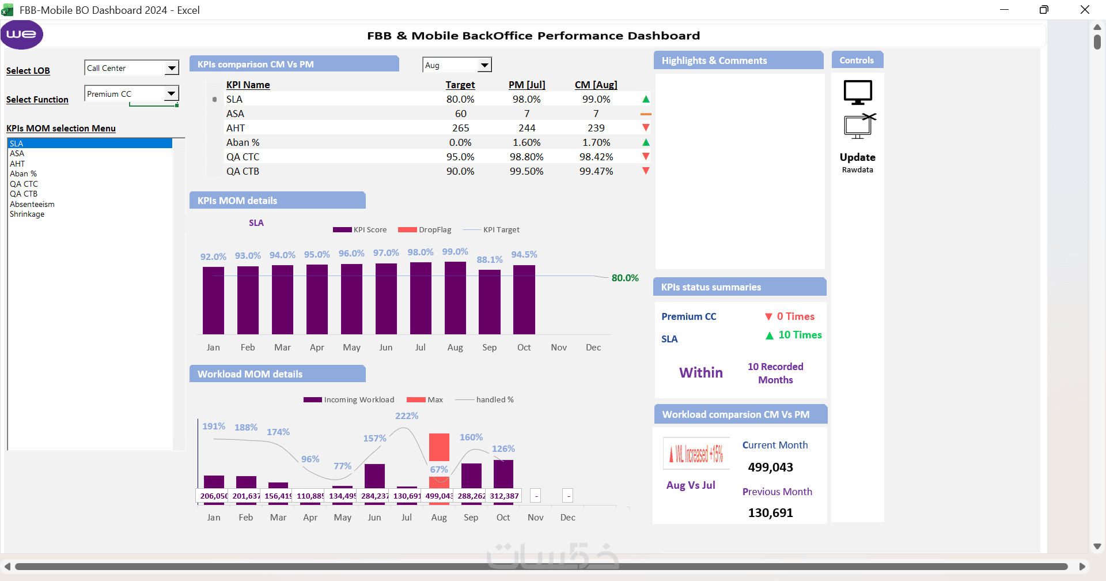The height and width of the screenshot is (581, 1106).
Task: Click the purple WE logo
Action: coord(22,35)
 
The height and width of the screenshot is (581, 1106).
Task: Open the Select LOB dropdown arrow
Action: coord(172,68)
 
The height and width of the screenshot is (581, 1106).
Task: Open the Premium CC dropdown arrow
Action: coord(171,93)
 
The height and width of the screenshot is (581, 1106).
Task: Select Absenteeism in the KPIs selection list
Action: coord(32,204)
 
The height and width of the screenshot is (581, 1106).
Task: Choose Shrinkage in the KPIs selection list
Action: coord(27,214)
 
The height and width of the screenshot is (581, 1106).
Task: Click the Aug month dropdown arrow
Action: coord(485,65)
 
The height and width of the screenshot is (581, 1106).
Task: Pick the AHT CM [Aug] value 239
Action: coord(596,128)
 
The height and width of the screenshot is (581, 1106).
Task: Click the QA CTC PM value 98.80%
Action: coord(527,157)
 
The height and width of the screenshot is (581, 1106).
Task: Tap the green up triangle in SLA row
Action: coord(646,99)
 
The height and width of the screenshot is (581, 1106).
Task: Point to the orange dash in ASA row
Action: coord(646,114)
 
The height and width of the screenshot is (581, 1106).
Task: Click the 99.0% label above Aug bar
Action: coord(455,252)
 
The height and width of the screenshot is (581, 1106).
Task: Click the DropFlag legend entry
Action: coord(425,229)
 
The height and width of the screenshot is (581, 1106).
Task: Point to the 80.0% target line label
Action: coord(625,278)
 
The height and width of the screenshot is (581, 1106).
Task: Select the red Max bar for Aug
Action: coord(439,447)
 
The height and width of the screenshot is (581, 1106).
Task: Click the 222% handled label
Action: coord(407,416)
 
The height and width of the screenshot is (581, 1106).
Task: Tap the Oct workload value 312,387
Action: coord(504,496)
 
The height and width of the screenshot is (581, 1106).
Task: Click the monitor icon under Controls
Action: coord(858,92)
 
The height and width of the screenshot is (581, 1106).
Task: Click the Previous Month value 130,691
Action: coord(770,512)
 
